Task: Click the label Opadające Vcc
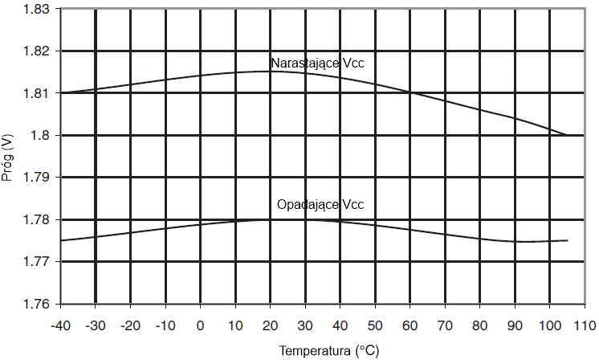pyautogui.click(x=320, y=205)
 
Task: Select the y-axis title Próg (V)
pyautogui.click(x=8, y=156)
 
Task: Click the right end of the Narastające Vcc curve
pyautogui.click(x=567, y=135)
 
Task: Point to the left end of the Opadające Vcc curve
pyautogui.click(x=61, y=240)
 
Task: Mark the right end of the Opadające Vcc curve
pyautogui.click(x=567, y=240)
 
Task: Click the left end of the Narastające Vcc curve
pyautogui.click(x=61, y=92)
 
